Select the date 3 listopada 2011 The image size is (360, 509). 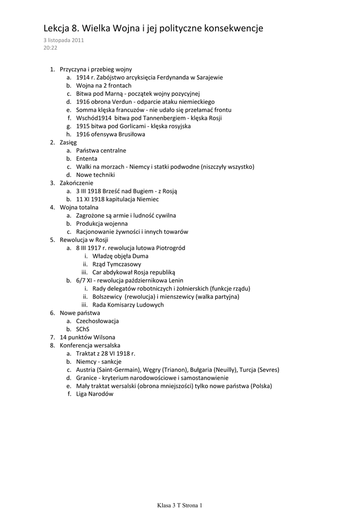tap(63, 40)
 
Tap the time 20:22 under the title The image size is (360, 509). tap(50, 48)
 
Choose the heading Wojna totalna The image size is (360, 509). tap(79, 207)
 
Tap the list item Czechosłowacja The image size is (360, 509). tap(97, 321)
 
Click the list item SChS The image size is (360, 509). tap(83, 329)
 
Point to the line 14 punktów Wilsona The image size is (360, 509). tap(88, 337)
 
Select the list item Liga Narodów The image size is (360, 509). tap(95, 394)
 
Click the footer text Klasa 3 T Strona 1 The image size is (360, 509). tap(180, 506)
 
